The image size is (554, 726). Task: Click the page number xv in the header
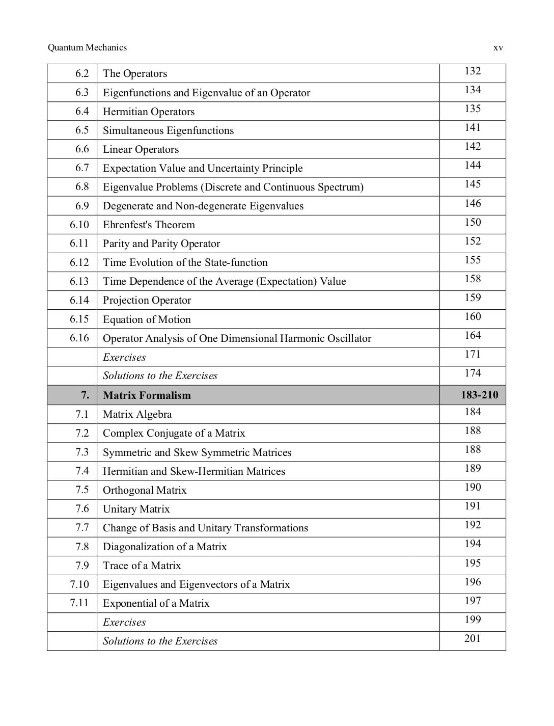[498, 48]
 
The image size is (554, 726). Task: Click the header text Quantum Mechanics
[87, 47]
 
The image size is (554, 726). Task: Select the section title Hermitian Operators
[149, 112]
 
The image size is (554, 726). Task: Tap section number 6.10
[79, 225]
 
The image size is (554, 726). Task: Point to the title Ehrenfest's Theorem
[149, 225]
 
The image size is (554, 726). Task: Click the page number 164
[473, 335]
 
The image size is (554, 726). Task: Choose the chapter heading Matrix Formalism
[147, 395]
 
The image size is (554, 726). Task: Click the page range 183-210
[479, 395]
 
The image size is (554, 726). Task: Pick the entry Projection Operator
[147, 300]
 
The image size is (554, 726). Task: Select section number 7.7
[82, 528]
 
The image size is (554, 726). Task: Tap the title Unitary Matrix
[136, 509]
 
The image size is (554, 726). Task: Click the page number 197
[473, 601]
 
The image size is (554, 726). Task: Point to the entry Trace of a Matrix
[142, 566]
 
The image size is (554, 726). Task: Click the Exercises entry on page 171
[124, 357]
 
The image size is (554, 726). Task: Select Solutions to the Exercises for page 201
[160, 641]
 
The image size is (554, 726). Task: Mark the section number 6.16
[79, 338]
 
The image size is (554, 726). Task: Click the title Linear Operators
[141, 149]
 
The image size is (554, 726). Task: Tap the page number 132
[473, 71]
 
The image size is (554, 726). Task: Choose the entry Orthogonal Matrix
[145, 490]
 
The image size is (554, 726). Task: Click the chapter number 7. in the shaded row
[85, 395]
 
